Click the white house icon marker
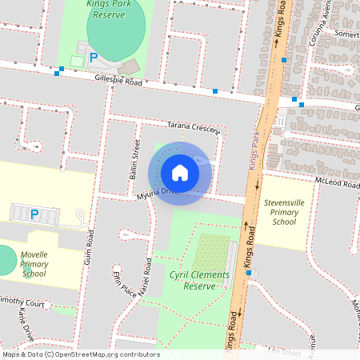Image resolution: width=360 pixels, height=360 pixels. coord(179,172)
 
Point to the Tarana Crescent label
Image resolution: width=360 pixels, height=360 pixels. coord(193,128)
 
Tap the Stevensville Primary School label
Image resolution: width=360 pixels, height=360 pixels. coord(284,212)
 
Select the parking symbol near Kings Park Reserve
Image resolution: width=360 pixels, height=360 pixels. coord(94,58)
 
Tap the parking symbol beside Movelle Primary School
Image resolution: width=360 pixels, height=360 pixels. coord(34,214)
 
